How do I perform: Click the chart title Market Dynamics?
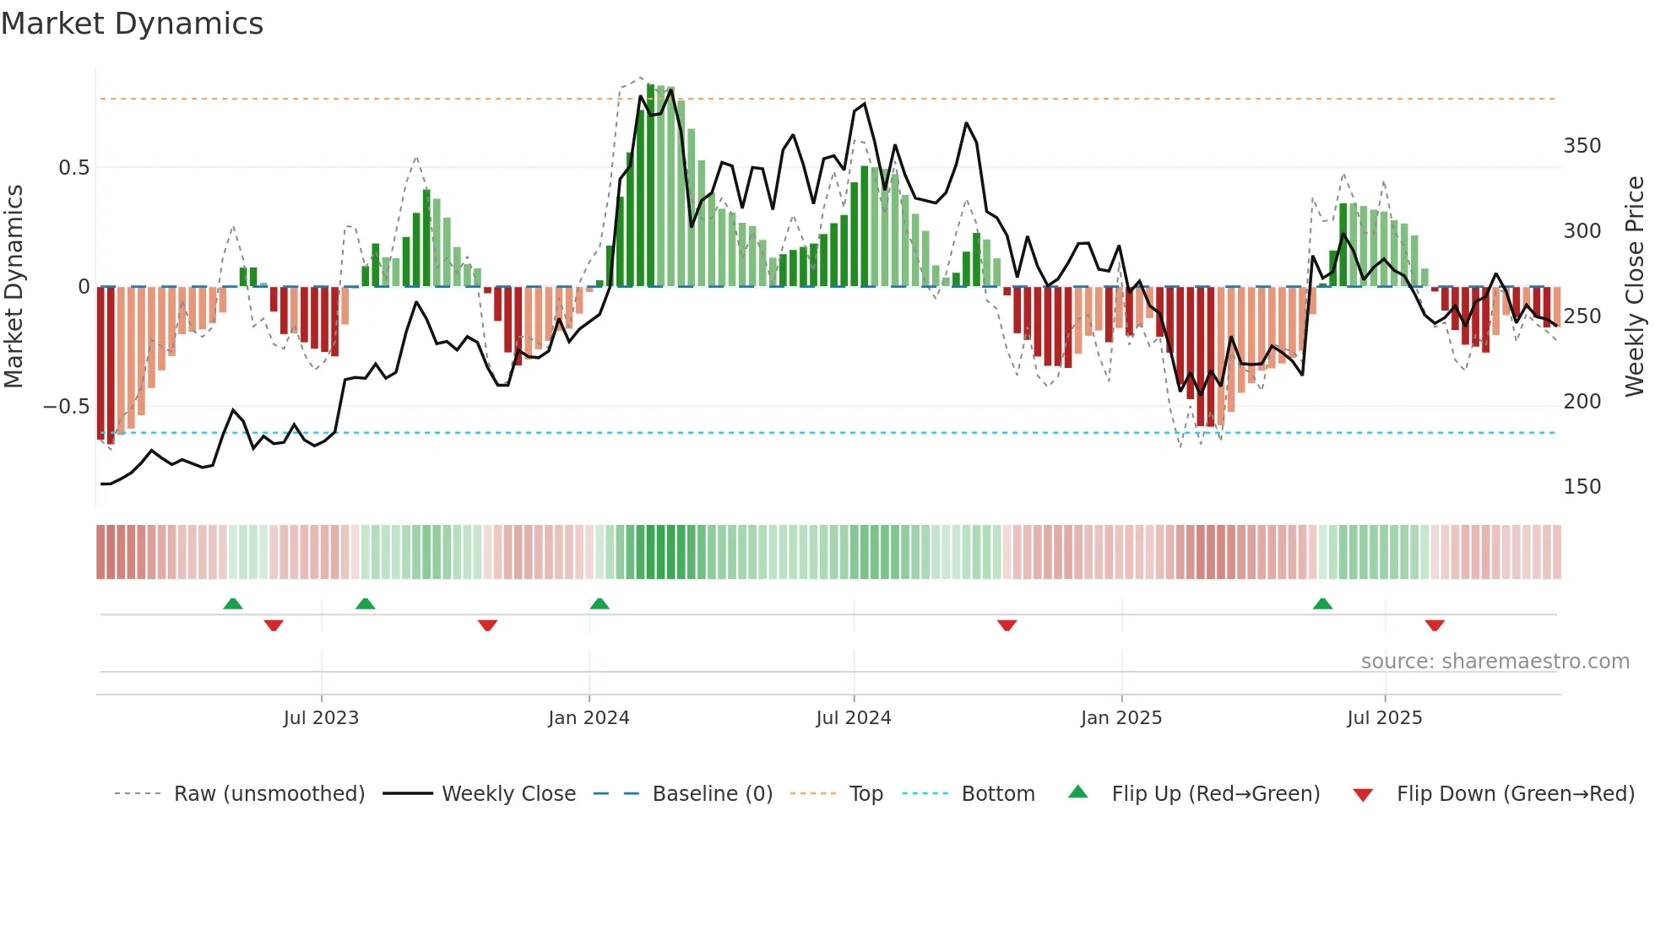[x=132, y=24]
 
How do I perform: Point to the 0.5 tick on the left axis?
[x=73, y=168]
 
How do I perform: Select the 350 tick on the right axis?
[x=1582, y=146]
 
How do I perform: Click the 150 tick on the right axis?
[x=1582, y=487]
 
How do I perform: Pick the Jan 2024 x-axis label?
[x=589, y=718]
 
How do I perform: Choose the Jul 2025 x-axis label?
[x=1384, y=718]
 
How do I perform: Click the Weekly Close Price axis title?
[x=1635, y=287]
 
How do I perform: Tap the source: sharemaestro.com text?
[x=1495, y=662]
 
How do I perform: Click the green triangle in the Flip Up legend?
[x=1078, y=792]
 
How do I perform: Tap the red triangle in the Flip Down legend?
[x=1363, y=795]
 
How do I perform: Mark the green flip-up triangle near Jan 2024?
[x=600, y=604]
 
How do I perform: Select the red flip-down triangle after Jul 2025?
[x=1435, y=625]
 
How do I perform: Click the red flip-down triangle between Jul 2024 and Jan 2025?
[x=1007, y=625]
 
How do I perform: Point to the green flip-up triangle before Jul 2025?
[x=1323, y=604]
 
